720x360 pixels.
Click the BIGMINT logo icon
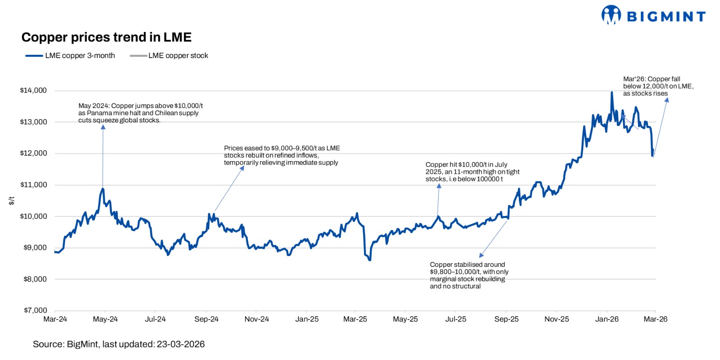(x=611, y=15)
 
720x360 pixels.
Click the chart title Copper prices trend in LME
(x=106, y=37)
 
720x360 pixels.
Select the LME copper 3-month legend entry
(x=71, y=56)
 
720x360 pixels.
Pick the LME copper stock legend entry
(x=169, y=56)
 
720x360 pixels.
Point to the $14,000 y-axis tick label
(x=33, y=90)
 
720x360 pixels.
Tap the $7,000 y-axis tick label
(x=35, y=310)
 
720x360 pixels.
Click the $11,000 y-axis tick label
(x=33, y=184)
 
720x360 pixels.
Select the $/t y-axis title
(x=12, y=201)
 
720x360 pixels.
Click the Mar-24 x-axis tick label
(x=55, y=319)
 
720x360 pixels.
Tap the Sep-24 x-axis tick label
(x=206, y=319)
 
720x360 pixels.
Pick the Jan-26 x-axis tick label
(x=607, y=319)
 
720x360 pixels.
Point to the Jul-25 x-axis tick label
(x=455, y=319)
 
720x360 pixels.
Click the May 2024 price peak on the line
(x=103, y=189)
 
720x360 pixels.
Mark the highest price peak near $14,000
(x=612, y=93)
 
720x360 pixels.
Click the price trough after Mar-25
(x=369, y=260)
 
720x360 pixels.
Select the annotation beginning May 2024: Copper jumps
(x=140, y=113)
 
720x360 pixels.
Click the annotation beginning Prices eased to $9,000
(x=282, y=155)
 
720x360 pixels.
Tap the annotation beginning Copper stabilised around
(x=469, y=275)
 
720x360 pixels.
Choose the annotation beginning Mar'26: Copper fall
(x=658, y=86)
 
